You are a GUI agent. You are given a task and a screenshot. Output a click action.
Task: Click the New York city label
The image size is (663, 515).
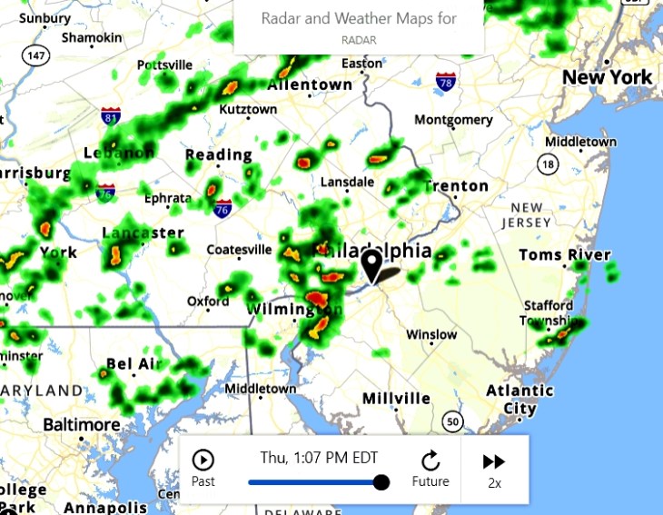[x=607, y=77]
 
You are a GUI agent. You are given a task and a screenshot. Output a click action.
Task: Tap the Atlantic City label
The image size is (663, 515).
[x=520, y=400]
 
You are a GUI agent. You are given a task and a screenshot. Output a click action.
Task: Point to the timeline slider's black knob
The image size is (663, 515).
[x=381, y=482]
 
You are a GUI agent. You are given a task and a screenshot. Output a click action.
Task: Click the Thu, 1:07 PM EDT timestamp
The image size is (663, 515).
[x=319, y=458]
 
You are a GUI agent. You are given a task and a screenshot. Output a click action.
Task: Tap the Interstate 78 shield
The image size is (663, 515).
[x=445, y=83]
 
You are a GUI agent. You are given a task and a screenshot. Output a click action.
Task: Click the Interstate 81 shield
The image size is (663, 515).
[x=111, y=117]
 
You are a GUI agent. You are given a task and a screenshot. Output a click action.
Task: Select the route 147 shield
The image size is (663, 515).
[x=36, y=55]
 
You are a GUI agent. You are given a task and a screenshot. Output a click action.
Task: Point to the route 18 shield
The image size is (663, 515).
[x=547, y=164]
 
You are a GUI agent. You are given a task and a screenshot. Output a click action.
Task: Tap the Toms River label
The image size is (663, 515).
[x=564, y=255]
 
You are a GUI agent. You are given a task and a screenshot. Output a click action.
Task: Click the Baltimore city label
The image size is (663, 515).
[x=82, y=425]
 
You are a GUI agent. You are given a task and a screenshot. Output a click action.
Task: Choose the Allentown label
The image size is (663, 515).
[x=310, y=84]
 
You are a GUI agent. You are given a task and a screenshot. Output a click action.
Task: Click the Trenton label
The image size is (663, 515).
[x=457, y=186]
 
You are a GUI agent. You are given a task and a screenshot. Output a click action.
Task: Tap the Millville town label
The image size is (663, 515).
[x=396, y=399]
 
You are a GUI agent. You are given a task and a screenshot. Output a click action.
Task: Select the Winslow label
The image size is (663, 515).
[x=431, y=335]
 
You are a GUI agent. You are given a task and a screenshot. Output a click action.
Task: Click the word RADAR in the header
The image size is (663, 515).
[x=359, y=41]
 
